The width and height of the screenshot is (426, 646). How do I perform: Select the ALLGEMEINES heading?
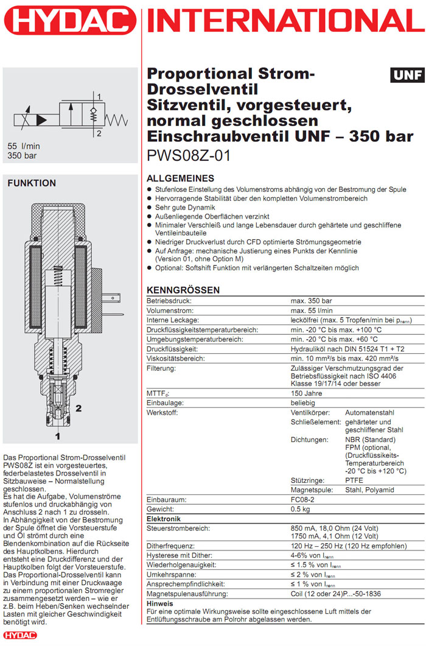pos(181,178)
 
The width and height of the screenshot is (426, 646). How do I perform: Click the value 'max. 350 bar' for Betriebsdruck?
pos(311,301)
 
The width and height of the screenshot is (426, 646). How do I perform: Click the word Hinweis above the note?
pos(161,603)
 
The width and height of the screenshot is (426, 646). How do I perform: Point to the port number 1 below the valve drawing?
pos(58,436)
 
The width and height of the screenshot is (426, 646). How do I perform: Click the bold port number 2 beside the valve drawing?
pos(79,407)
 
